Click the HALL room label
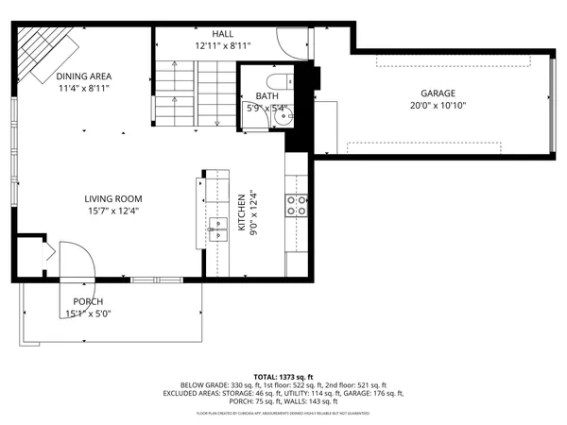coord(223,34)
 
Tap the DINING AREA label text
coord(83,76)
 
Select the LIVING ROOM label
coord(112,198)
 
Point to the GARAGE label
coord(438,93)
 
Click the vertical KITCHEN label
coord(242,212)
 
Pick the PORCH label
coord(87,301)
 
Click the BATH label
coord(266,96)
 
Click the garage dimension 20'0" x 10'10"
coord(438,106)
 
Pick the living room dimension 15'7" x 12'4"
coord(112,211)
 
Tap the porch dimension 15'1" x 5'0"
coord(87,314)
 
